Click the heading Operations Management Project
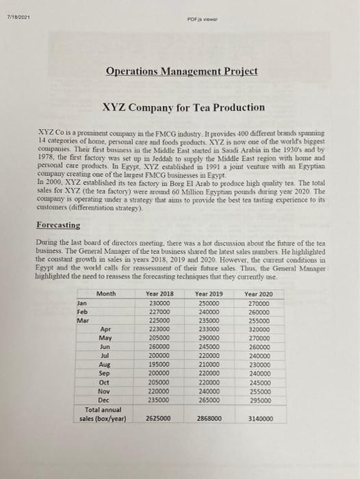pyautogui.click(x=183, y=71)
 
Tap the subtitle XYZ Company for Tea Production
pyautogui.click(x=183, y=107)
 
